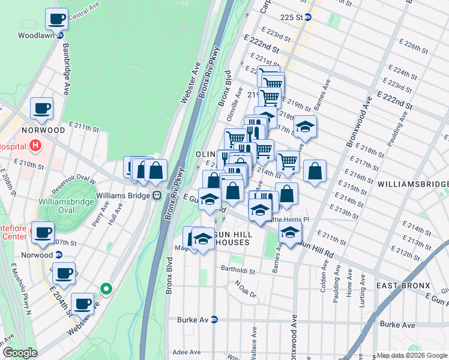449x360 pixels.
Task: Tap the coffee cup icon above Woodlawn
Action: [57, 19]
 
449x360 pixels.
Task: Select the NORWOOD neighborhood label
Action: [43, 130]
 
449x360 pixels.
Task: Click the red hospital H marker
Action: [36, 146]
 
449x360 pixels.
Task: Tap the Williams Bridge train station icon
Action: [156, 195]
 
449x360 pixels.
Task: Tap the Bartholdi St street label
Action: [238, 271]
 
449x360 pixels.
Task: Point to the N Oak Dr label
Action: [246, 290]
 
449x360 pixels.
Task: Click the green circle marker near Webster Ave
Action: [106, 289]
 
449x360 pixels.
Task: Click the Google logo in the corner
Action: [20, 353]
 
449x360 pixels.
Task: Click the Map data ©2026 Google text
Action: [411, 355]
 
